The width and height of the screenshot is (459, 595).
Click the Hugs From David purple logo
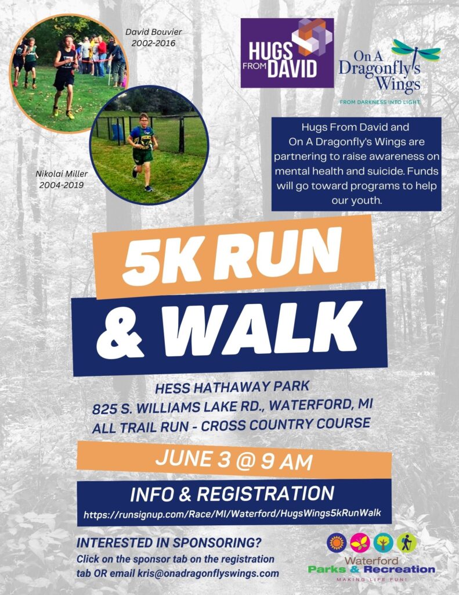(287, 53)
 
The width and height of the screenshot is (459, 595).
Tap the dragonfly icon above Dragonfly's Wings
(416, 52)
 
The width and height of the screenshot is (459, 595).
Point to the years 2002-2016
(153, 43)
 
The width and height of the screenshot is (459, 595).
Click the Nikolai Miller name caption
(62, 174)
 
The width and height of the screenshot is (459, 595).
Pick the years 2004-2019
(62, 185)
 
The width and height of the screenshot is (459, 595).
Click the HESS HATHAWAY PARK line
(232, 388)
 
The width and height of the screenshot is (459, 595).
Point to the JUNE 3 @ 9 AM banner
(234, 460)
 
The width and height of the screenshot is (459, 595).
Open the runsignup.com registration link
(232, 514)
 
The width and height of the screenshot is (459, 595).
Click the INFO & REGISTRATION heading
(232, 494)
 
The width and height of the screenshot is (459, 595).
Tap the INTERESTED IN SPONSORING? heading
(169, 543)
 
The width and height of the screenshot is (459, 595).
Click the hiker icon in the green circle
(407, 543)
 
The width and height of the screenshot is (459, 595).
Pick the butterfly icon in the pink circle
(360, 543)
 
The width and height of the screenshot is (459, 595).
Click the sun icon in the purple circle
(337, 543)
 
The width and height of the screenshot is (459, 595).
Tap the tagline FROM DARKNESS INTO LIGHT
(380, 102)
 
